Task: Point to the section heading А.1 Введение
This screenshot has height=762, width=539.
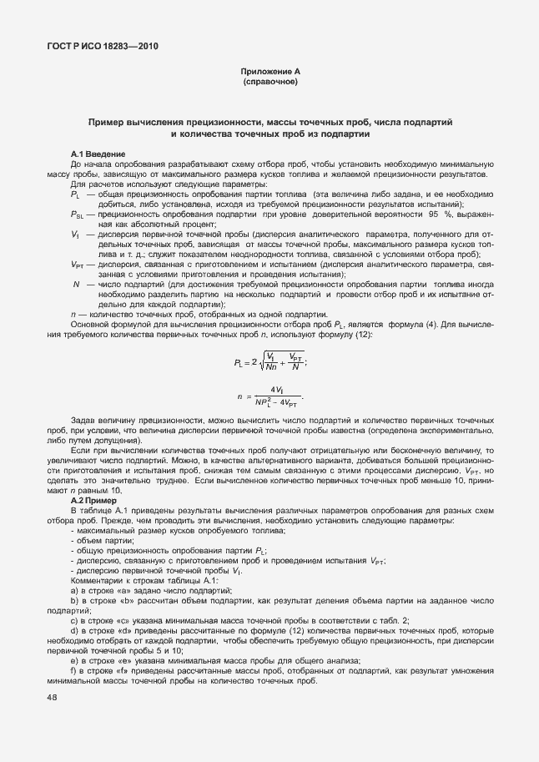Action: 98,154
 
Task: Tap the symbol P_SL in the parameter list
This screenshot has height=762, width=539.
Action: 78,214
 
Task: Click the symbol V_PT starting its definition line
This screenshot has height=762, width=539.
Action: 78,264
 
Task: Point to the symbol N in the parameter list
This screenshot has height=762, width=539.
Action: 77,285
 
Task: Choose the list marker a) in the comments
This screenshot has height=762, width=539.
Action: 75,590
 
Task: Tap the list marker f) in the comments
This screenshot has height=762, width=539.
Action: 74,672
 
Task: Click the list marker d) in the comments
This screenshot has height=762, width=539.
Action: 75,632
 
